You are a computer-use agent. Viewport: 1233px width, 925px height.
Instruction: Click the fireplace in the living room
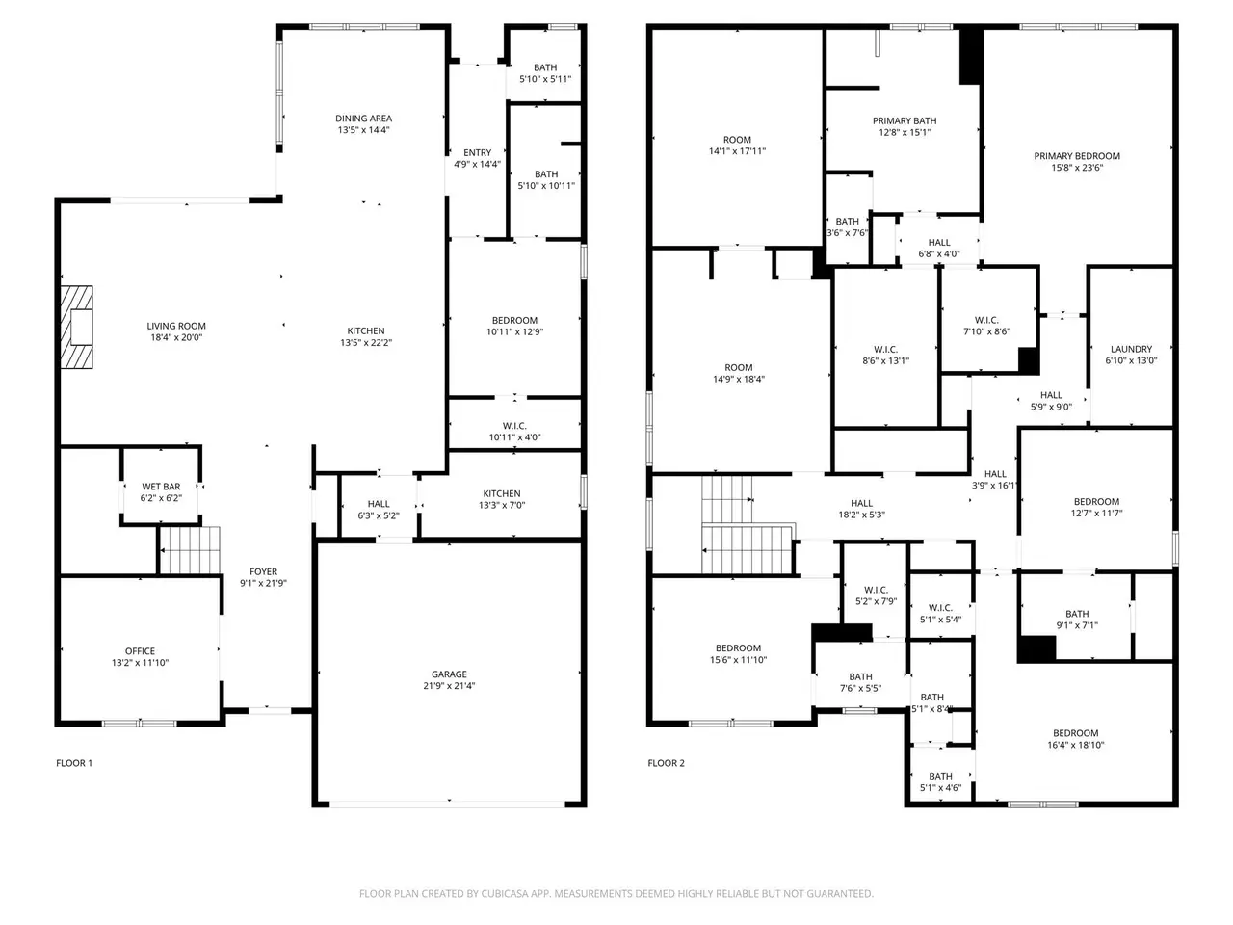pos(77,327)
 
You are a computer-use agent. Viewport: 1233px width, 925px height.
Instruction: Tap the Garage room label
pos(449,674)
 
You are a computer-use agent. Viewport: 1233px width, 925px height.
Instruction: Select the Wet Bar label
pos(161,487)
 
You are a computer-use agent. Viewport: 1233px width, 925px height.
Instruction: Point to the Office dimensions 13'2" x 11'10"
pos(140,663)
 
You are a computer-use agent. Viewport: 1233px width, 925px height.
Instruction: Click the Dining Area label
pos(363,119)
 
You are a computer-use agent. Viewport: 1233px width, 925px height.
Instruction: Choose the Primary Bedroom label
pos(1077,156)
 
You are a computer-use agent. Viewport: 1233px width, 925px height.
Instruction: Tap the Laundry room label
pos(1131,349)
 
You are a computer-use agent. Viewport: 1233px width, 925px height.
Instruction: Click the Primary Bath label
pos(905,120)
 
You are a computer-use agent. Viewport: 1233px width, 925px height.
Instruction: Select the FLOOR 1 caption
pos(74,763)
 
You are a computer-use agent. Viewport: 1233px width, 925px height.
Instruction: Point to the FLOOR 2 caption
pos(667,763)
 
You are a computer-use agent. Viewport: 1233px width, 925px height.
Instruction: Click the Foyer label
pos(263,571)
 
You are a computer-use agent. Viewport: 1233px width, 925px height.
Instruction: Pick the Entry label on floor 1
pos(478,153)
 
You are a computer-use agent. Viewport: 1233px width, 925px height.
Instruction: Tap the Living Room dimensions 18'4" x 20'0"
pos(176,337)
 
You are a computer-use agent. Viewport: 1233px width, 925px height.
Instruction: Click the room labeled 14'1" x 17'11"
pos(737,140)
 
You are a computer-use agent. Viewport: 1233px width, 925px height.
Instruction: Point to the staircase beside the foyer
pos(190,550)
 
